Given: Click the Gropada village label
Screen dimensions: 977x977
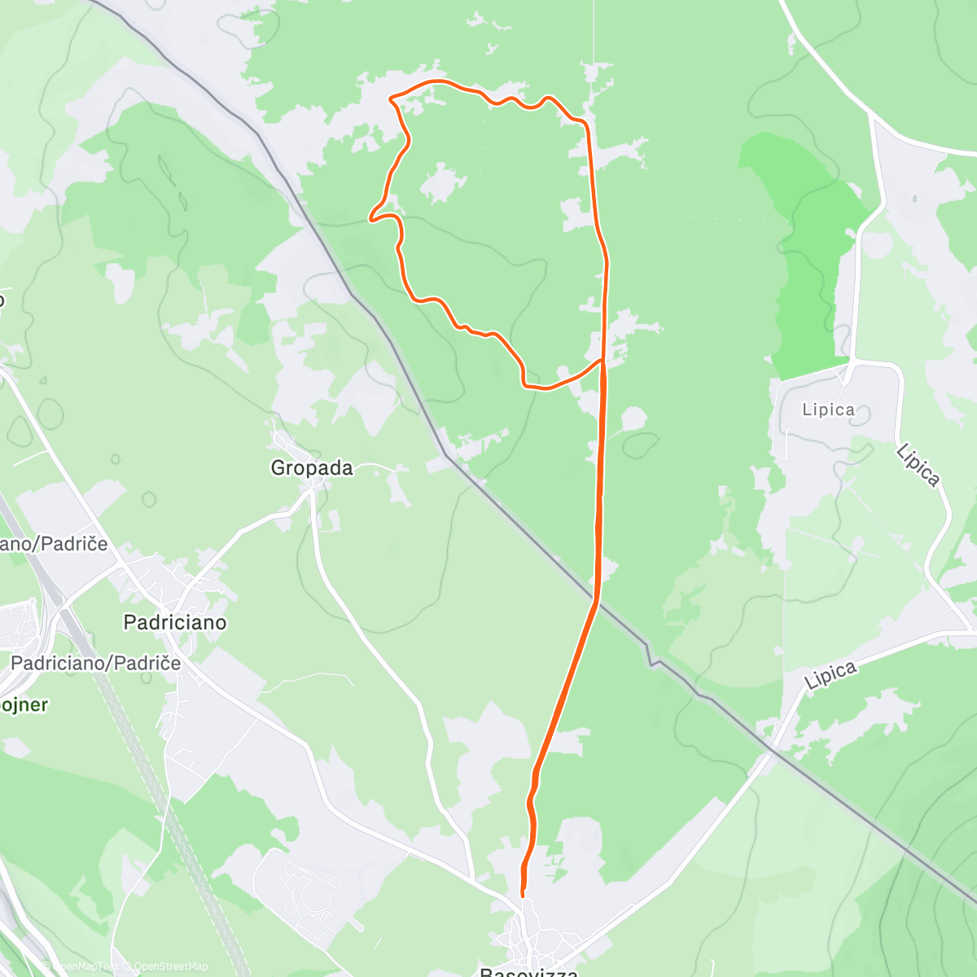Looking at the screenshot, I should tap(312, 468).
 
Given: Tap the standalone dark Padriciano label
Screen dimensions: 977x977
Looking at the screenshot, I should tap(175, 623).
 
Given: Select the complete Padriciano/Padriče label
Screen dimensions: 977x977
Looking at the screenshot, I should tap(96, 663).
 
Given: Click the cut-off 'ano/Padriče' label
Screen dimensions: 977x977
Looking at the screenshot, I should tap(54, 543).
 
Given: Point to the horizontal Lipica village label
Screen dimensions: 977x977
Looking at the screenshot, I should tap(829, 410).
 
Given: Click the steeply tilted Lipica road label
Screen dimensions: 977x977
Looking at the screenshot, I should tap(918, 465).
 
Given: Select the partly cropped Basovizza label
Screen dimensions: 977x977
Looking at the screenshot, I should tap(529, 971).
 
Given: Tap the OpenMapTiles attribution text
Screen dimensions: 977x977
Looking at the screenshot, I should tap(85, 966).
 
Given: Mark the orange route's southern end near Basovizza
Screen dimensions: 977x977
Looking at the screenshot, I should tap(522, 896).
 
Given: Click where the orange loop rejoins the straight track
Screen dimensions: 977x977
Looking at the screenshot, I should tap(602, 359).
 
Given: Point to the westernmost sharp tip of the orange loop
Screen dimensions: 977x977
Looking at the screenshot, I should tap(370, 219).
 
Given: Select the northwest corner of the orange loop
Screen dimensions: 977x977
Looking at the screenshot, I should tap(392, 99).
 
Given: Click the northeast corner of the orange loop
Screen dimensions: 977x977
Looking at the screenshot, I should tap(585, 123).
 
